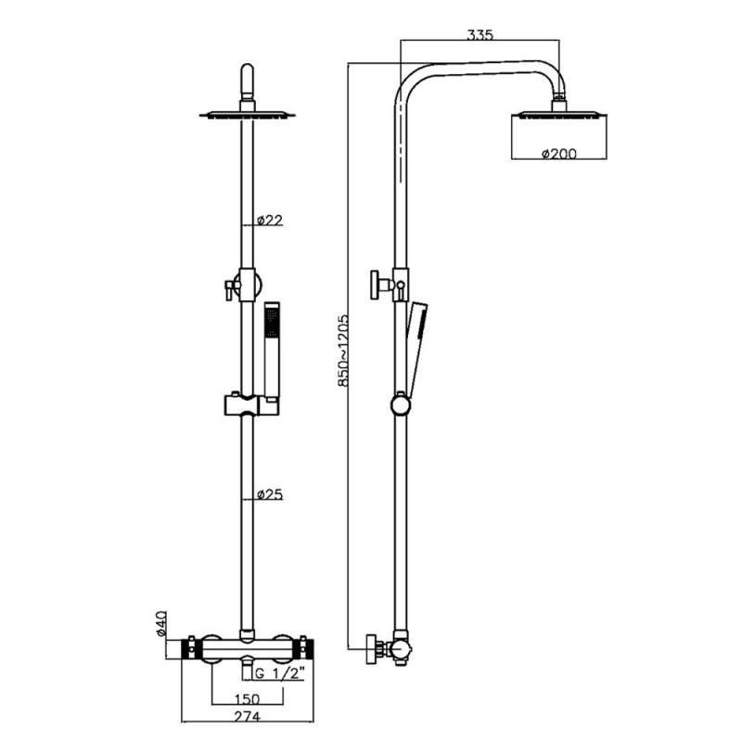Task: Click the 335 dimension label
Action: coord(480,35)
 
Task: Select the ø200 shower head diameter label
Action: coord(558,153)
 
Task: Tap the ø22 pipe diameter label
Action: coord(269,220)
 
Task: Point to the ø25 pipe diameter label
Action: coord(269,494)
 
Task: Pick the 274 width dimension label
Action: coord(245,715)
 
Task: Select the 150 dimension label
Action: coord(245,697)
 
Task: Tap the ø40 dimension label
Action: coord(160,623)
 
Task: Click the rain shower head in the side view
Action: coord(559,115)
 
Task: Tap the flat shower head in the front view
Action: coord(248,115)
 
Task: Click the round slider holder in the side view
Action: coord(401,403)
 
